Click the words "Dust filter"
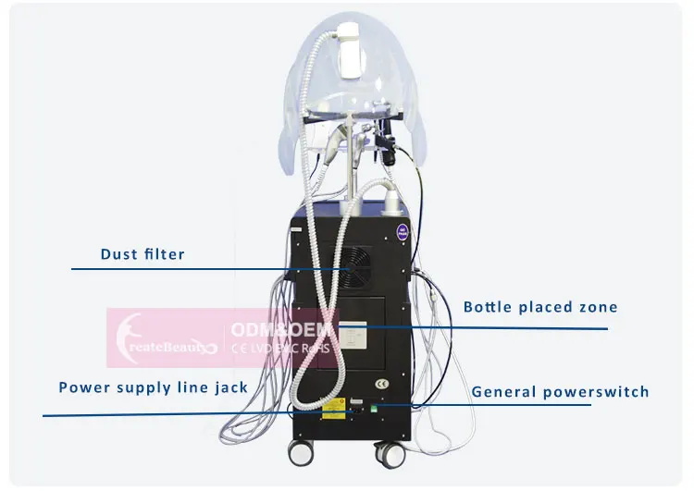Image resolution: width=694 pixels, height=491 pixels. (x=143, y=253)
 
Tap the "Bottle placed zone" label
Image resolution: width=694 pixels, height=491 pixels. (x=540, y=307)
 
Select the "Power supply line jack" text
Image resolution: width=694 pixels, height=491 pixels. (x=154, y=387)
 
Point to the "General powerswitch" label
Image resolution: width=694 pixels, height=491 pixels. (x=561, y=391)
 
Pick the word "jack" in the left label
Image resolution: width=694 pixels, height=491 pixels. (x=228, y=387)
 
